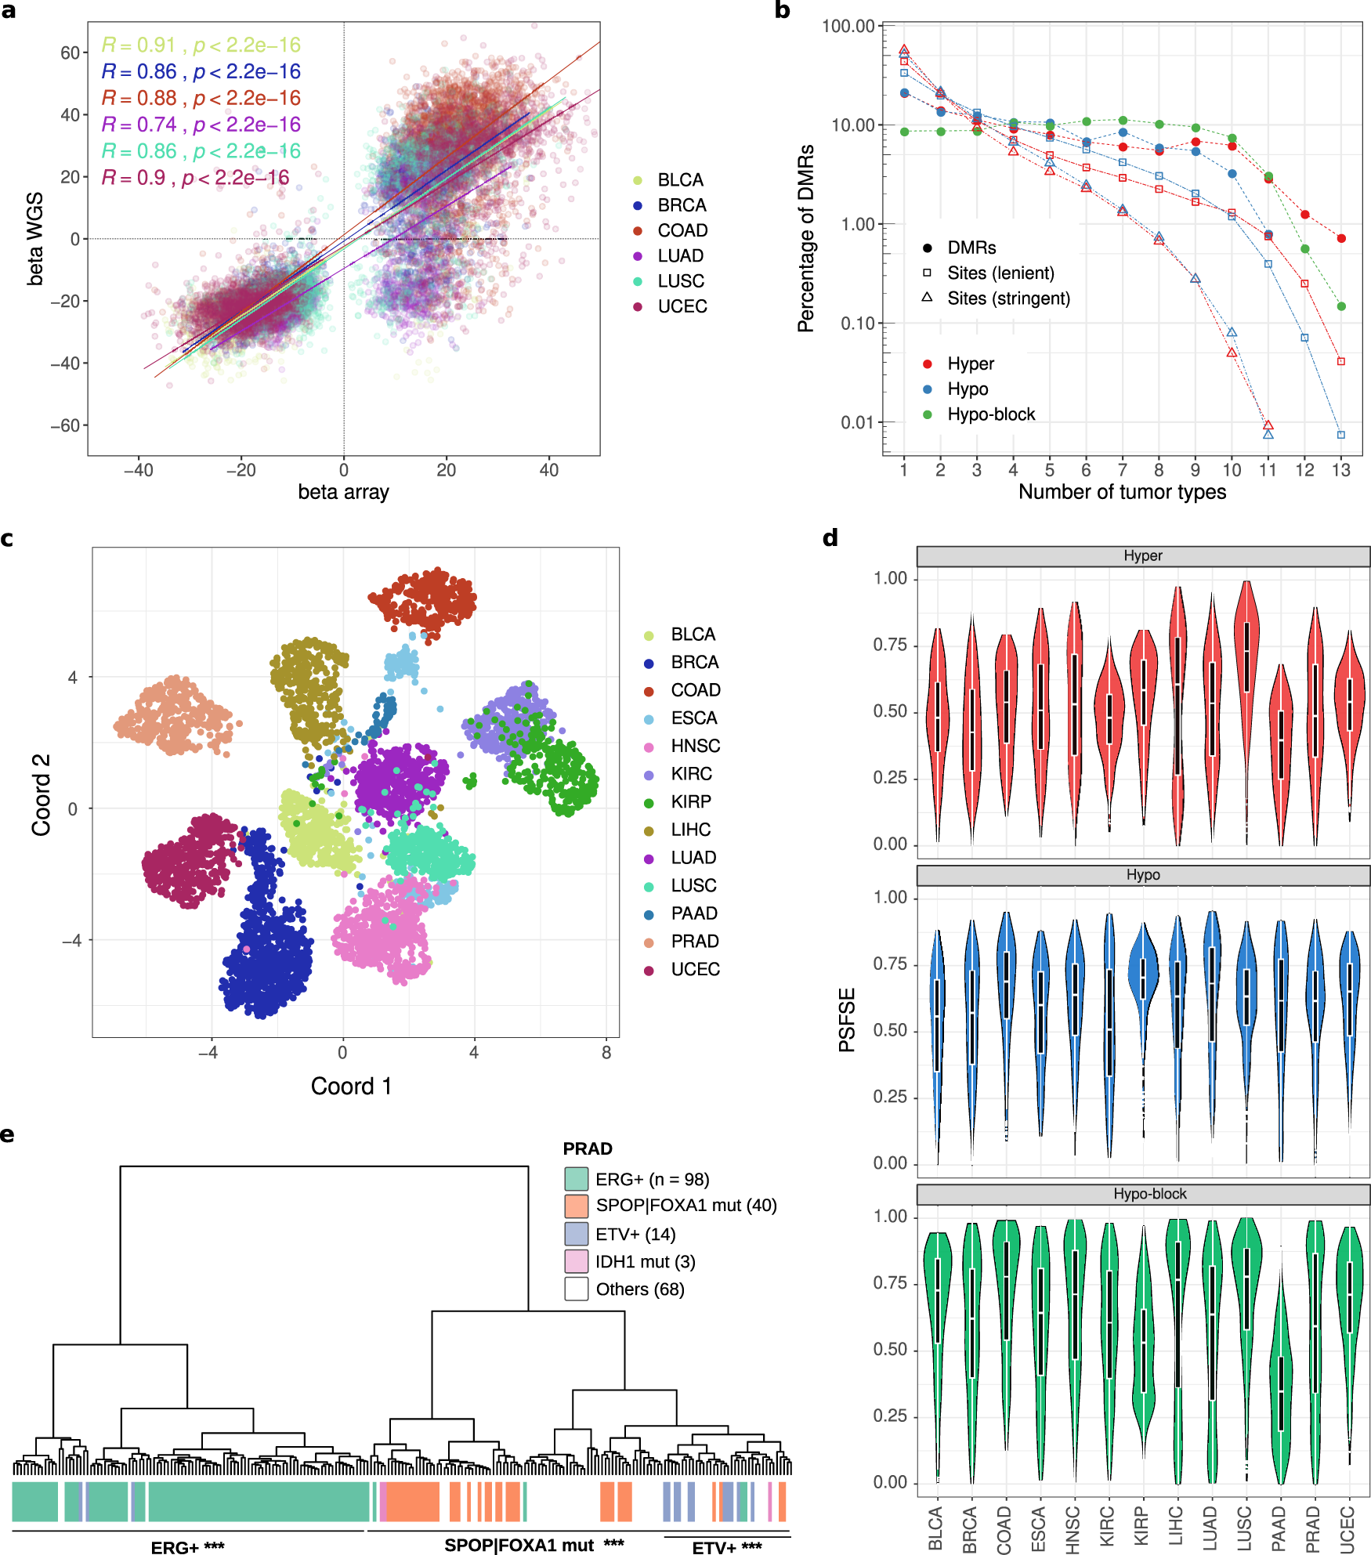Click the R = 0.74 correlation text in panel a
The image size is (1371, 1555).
(x=201, y=125)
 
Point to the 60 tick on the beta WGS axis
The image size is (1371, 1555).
(x=70, y=52)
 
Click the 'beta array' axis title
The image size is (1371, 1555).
(x=343, y=492)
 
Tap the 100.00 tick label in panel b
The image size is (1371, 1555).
(x=848, y=26)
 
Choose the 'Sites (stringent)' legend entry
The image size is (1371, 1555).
(x=1007, y=298)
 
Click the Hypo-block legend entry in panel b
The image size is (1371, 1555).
(x=990, y=414)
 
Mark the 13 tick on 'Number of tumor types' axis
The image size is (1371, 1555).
(x=1340, y=470)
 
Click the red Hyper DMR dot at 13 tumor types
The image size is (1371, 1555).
(x=1341, y=238)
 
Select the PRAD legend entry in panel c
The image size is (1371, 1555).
(x=694, y=942)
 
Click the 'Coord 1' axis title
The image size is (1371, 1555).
(x=351, y=1086)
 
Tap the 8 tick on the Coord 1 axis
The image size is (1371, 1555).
(x=606, y=1053)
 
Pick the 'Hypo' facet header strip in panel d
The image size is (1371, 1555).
(x=1142, y=875)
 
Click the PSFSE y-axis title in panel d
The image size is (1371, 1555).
(x=847, y=1019)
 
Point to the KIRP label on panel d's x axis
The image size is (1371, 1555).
(x=1141, y=1526)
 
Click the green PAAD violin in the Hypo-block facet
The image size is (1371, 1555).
(x=1281, y=1387)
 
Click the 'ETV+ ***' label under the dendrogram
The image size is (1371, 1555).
(x=726, y=1547)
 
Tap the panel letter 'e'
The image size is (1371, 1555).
(x=7, y=1135)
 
